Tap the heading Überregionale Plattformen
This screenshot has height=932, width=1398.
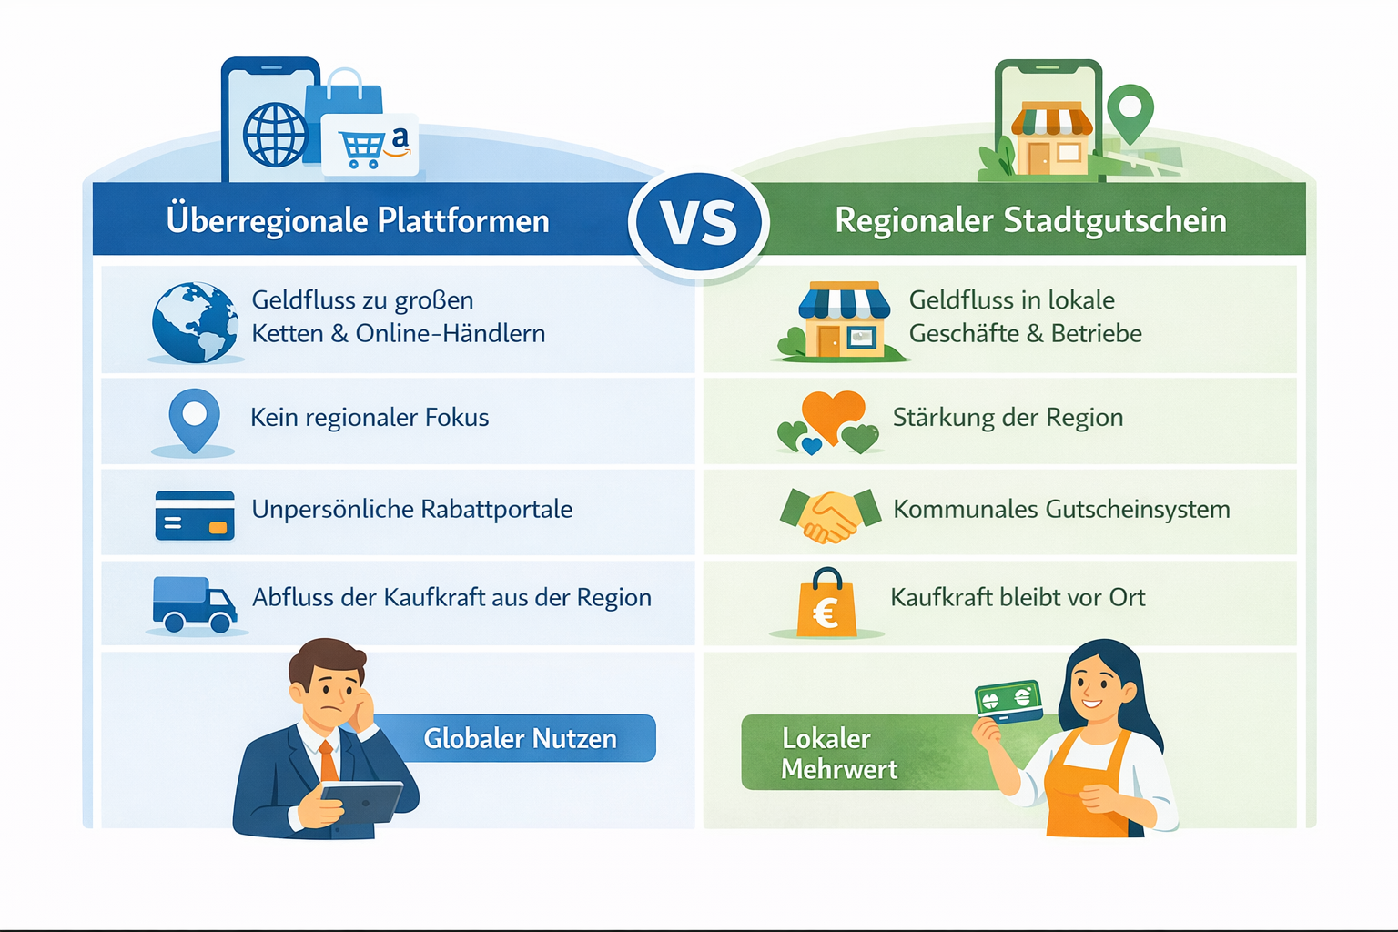pos(358,221)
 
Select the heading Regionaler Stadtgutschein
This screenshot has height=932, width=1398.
pos(1030,221)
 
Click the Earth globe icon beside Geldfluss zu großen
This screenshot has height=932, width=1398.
pos(195,322)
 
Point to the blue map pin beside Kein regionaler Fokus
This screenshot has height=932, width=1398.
pos(194,419)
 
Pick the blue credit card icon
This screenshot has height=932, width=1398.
pos(195,515)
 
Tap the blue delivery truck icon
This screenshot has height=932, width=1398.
pos(194,603)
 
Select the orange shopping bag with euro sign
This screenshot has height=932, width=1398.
pos(826,604)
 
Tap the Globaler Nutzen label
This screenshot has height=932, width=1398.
pos(520,738)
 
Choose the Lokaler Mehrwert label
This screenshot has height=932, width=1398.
pos(839,753)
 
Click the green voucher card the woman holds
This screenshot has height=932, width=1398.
pos(1008,701)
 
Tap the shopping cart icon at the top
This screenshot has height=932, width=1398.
pos(362,148)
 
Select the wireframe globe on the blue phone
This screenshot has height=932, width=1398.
pos(275,135)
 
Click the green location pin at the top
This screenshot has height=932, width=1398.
pos(1130,112)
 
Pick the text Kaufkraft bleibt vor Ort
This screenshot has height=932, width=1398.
pos(1017,598)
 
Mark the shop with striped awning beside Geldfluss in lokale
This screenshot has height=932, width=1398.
pos(843,320)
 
